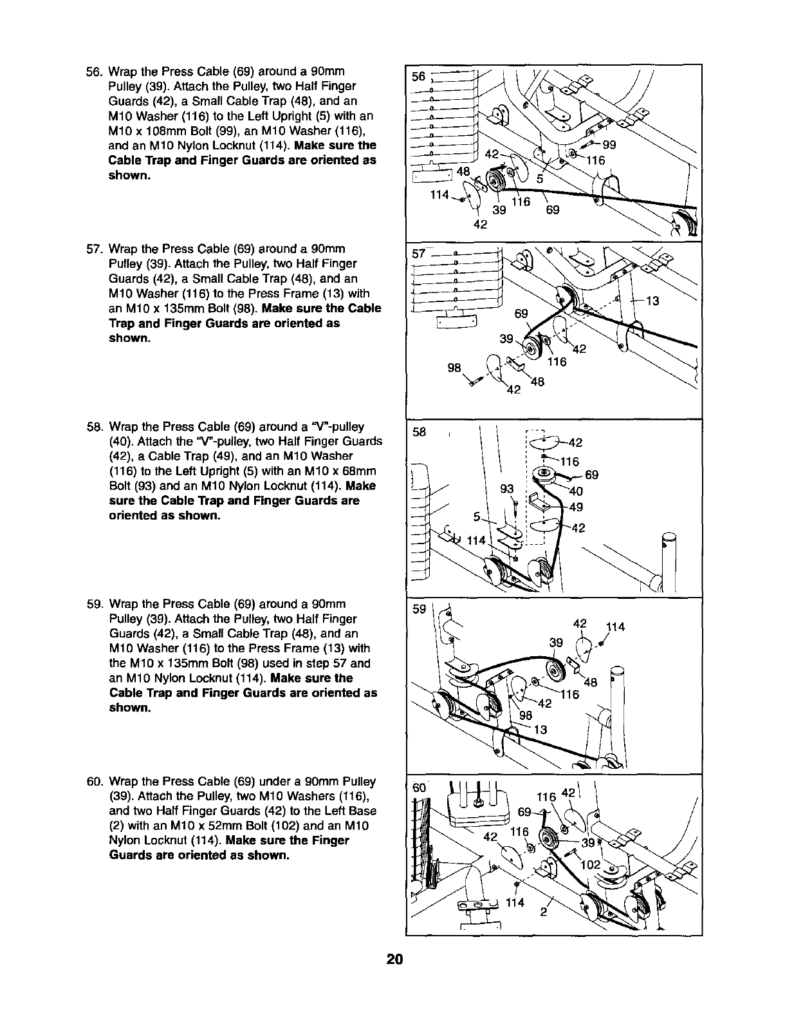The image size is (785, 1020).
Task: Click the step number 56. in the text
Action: pyautogui.click(x=95, y=71)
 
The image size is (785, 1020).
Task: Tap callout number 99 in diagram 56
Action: pyautogui.click(x=609, y=145)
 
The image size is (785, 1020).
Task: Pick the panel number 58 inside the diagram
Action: pyautogui.click(x=420, y=433)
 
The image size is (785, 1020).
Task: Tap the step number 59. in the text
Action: pyautogui.click(x=95, y=604)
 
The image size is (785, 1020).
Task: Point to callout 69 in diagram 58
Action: pyautogui.click(x=593, y=476)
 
